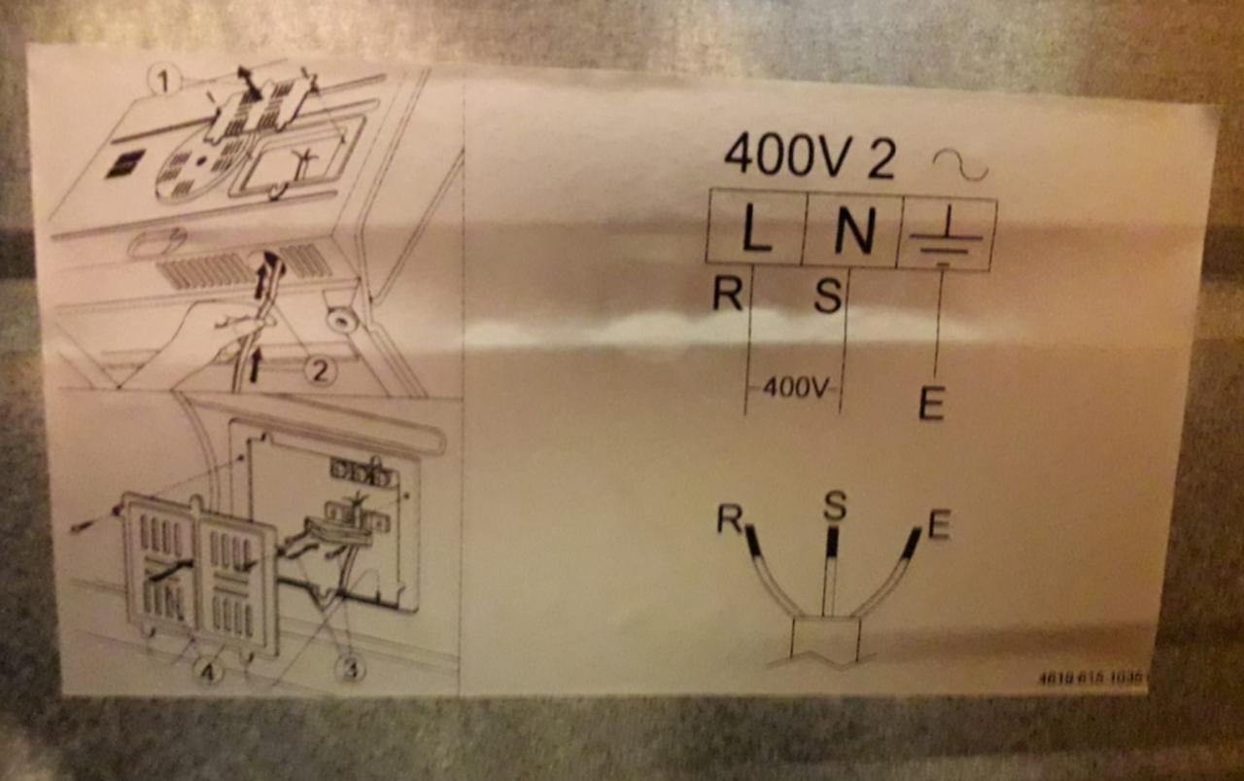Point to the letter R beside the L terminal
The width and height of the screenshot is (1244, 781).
point(727,293)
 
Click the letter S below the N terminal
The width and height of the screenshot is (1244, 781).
point(827,296)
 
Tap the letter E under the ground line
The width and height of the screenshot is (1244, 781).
point(931,403)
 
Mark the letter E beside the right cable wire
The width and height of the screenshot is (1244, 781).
point(938,525)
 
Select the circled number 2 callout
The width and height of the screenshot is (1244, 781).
point(320,371)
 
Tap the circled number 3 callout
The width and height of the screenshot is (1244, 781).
point(350,668)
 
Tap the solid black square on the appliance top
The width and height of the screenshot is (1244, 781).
point(125,162)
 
